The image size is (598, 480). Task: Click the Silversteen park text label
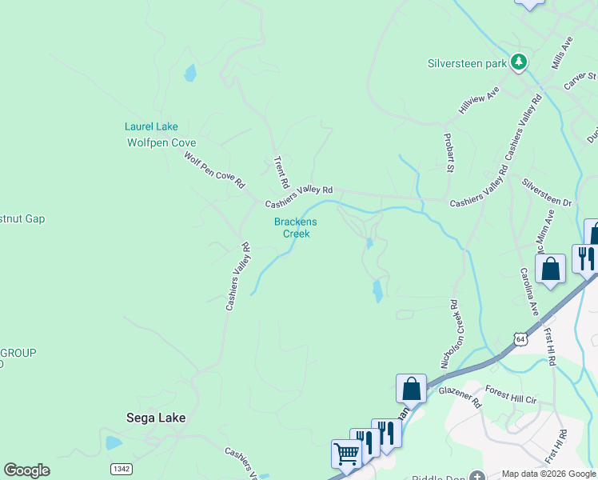coord(468,62)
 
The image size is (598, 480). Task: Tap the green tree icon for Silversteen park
coord(519,62)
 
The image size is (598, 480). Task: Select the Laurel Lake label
coord(151,126)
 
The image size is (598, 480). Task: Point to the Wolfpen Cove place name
coord(161,143)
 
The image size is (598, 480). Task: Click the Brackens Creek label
coord(296,228)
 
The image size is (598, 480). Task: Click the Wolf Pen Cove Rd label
coord(214,170)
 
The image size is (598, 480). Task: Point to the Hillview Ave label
coord(478,100)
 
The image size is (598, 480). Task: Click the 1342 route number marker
coord(122,467)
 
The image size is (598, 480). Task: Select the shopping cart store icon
coord(346,453)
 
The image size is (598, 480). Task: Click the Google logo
coord(26,470)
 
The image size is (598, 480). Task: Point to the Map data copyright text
coord(548,474)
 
